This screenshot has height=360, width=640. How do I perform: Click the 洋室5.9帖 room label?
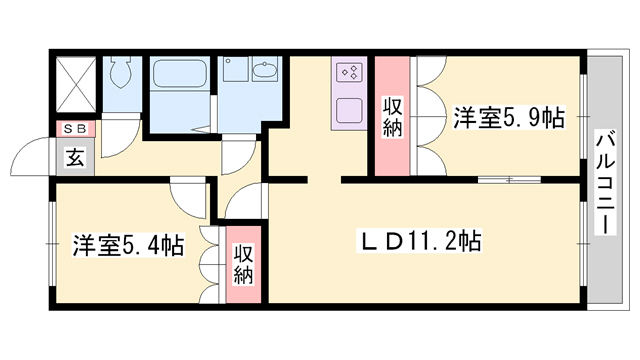[x=509, y=118]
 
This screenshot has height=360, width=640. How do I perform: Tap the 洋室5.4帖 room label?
[x=128, y=245]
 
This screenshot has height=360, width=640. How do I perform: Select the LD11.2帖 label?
[x=419, y=241]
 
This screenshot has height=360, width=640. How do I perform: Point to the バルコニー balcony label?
[x=606, y=182]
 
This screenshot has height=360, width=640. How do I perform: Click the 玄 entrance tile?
[x=76, y=157]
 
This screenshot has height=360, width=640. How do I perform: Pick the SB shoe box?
[x=76, y=129]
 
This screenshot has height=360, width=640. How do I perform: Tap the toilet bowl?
[x=122, y=71]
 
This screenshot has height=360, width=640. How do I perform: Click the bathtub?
[x=179, y=73]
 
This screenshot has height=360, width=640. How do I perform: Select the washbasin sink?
[x=265, y=69]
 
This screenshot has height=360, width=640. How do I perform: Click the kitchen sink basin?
[x=350, y=109]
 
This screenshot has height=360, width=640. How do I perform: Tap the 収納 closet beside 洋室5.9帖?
[x=392, y=117]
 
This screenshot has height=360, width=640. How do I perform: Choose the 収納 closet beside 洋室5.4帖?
[x=244, y=264]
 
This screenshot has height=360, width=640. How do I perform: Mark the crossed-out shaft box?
[x=76, y=84]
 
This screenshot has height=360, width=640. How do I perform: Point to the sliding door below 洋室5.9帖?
[x=509, y=179]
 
